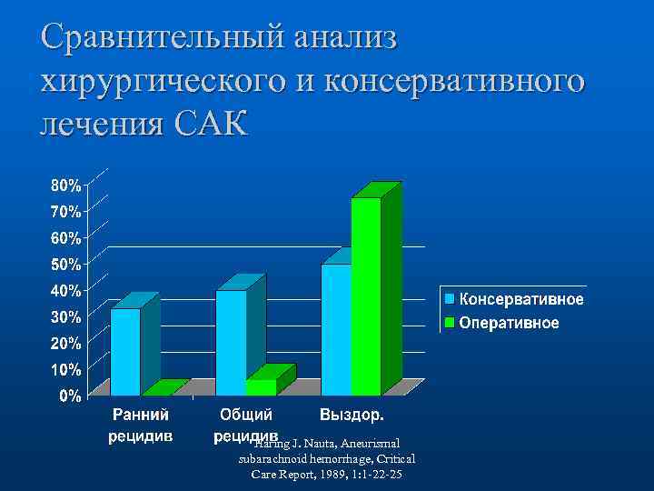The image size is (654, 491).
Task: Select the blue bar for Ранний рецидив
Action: click(126, 352)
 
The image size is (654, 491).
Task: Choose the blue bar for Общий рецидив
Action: click(231, 343)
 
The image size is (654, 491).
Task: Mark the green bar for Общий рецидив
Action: click(262, 386)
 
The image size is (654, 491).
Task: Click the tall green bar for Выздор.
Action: click(366, 296)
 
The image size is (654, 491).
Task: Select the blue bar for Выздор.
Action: click(336, 329)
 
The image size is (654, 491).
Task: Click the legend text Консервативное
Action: click(521, 299)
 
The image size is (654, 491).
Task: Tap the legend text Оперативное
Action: click(509, 323)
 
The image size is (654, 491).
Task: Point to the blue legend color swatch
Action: click(449, 299)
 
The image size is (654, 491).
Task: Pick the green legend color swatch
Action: click(449, 323)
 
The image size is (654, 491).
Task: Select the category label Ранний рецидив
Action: click(141, 426)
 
